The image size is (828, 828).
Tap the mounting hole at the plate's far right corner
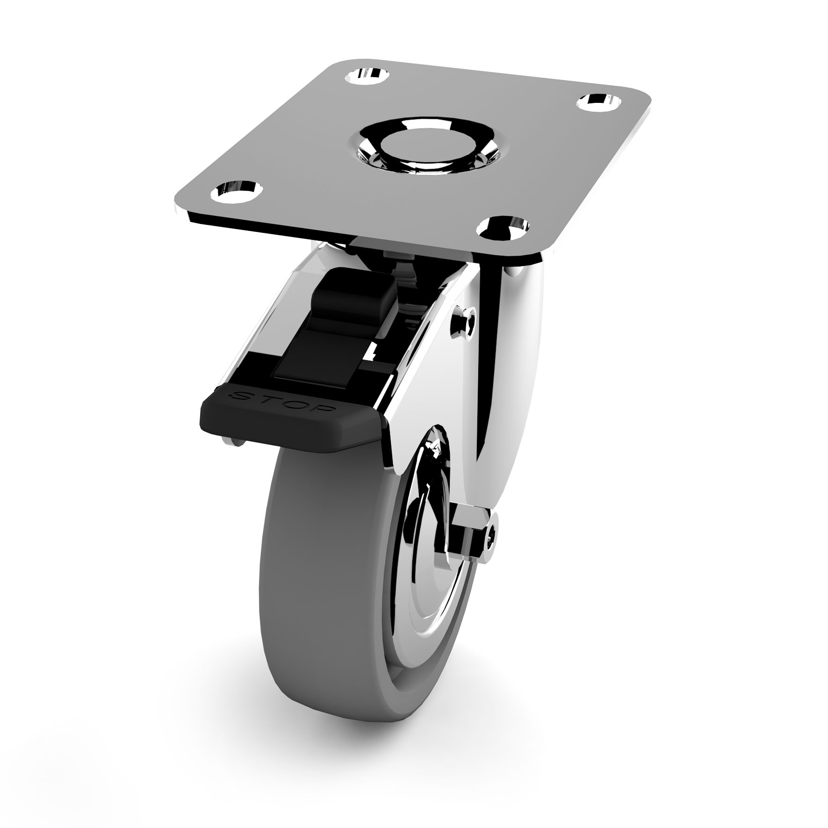click(x=601, y=101)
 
